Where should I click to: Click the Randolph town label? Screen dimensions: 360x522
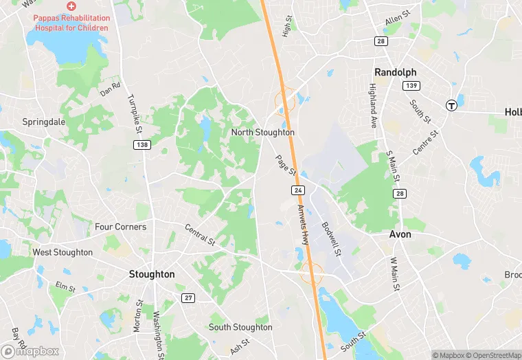pyautogui.click(x=395, y=72)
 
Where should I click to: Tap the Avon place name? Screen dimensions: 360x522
pyautogui.click(x=400, y=234)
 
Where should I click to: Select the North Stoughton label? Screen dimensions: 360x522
pyautogui.click(x=263, y=132)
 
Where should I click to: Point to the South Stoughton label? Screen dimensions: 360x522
pyautogui.click(x=240, y=327)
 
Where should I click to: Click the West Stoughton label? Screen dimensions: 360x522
pyautogui.click(x=63, y=252)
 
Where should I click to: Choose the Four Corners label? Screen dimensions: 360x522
pyautogui.click(x=120, y=227)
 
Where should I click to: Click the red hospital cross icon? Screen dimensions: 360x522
pyautogui.click(x=71, y=5)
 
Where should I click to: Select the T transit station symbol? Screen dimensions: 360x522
pyautogui.click(x=451, y=105)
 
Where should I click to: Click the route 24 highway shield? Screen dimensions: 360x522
pyautogui.click(x=297, y=189)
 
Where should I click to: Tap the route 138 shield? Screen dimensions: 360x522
pyautogui.click(x=142, y=145)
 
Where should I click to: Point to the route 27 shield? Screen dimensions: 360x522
pyautogui.click(x=188, y=297)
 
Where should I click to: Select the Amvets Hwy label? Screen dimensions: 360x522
pyautogui.click(x=304, y=225)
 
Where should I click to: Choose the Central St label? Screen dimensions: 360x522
pyautogui.click(x=201, y=234)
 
